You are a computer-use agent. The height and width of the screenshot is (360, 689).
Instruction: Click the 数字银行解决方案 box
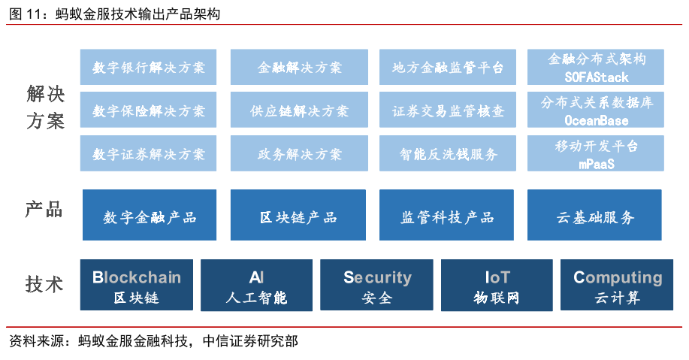148,67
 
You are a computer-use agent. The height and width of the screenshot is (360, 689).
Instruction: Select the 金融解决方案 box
299,67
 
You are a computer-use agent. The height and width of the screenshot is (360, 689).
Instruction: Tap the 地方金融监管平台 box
448,67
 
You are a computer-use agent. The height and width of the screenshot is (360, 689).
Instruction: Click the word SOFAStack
597,77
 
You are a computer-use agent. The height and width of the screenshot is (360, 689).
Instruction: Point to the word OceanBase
597,120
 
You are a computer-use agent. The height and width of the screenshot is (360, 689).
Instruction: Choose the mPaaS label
597,164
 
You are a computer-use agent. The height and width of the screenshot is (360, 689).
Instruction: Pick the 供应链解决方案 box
299,110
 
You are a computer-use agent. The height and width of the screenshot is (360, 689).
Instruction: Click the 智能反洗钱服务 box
448,153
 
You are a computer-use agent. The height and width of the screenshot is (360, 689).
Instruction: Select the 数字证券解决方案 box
148,153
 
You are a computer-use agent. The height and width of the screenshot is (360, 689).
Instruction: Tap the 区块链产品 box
298,215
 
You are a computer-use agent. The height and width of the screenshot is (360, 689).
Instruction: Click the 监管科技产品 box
446,215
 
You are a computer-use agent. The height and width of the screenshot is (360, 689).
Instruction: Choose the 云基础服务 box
594,215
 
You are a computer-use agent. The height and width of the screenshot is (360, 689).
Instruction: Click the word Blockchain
137,277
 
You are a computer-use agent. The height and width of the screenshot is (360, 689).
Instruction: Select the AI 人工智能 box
257,285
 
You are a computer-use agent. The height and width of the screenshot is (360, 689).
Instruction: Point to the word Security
377,278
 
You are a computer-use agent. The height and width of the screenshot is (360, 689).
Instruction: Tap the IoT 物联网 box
497,285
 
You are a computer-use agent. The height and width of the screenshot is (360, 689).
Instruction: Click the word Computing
618,278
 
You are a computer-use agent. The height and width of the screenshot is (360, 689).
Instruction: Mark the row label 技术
44,284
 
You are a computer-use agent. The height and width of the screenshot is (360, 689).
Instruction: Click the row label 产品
44,210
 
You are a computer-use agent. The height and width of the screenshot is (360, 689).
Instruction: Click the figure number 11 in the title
34,14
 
